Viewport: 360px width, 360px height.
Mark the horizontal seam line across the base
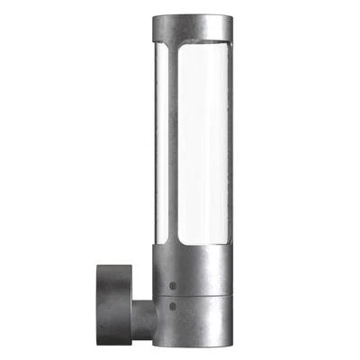tap(193, 296)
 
